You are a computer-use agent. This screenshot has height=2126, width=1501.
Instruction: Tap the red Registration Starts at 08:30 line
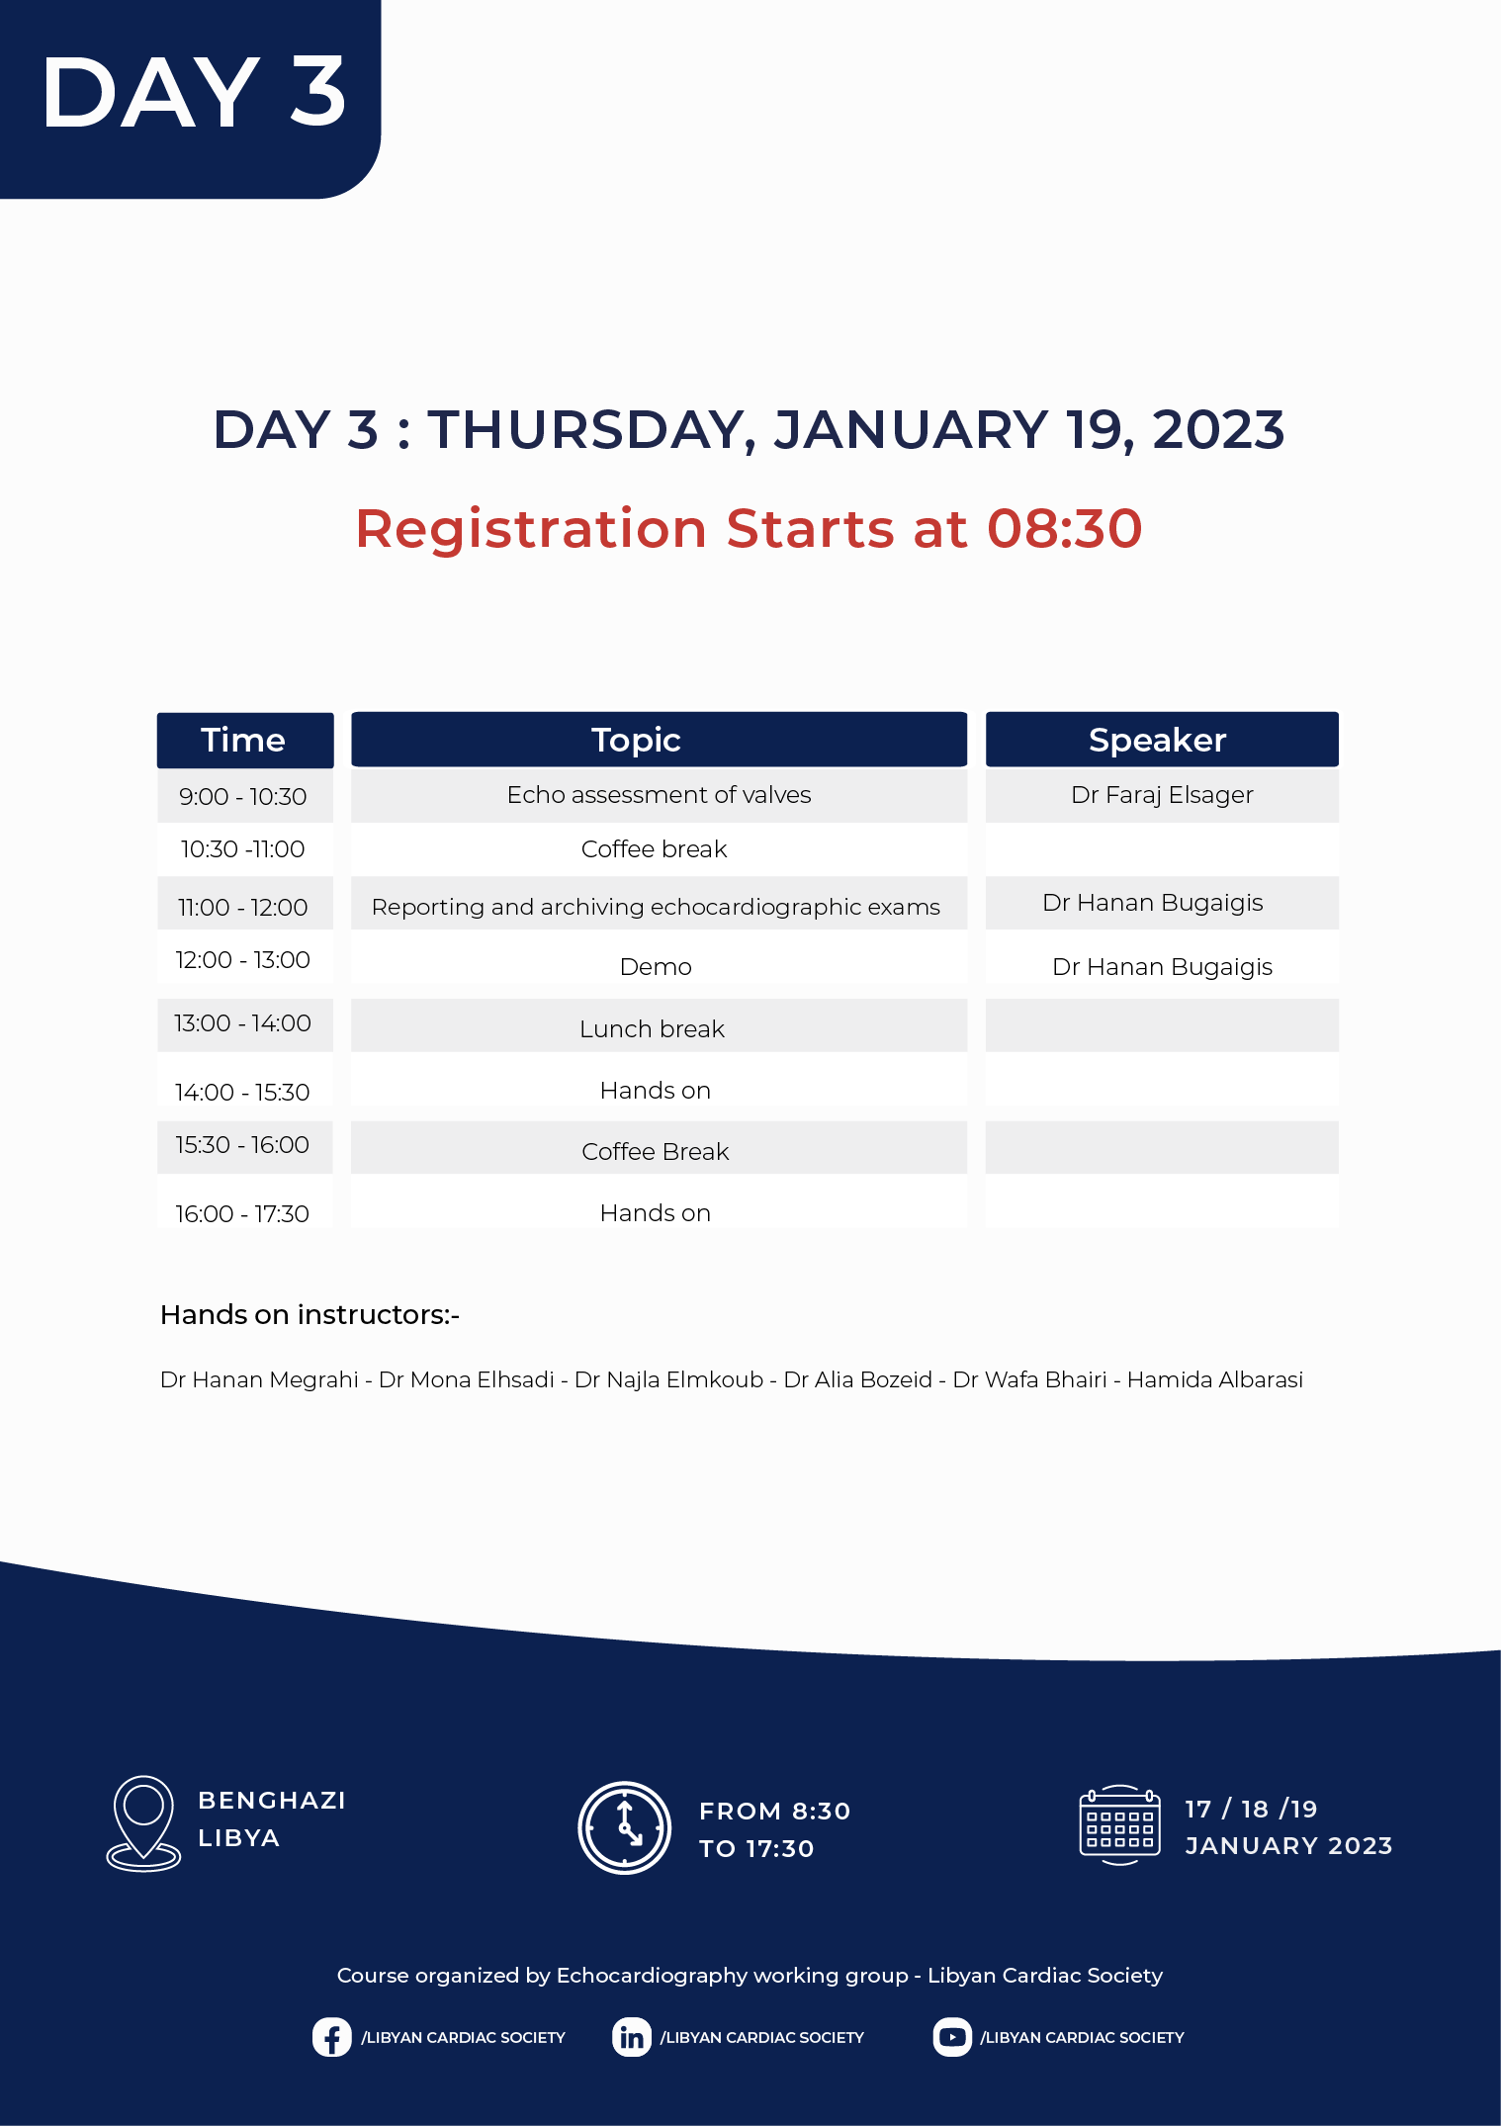click(x=749, y=528)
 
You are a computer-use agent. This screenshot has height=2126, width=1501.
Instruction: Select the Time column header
click(x=245, y=740)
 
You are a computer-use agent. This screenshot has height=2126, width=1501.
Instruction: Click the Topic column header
click(x=659, y=740)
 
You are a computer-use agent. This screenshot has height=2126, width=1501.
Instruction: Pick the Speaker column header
click(x=1162, y=740)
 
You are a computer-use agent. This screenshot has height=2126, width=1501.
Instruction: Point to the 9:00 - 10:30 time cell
click(x=243, y=796)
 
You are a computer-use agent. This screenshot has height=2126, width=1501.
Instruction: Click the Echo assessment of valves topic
click(x=659, y=795)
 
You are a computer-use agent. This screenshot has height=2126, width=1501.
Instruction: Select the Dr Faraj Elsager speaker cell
click(x=1162, y=795)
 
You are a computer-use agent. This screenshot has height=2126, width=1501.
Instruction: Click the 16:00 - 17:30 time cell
click(x=243, y=1213)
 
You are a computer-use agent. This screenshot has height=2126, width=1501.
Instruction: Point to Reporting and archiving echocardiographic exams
click(x=656, y=907)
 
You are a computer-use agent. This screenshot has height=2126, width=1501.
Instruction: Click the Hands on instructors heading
click(x=309, y=1315)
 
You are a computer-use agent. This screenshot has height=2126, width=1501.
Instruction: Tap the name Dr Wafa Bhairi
click(x=1029, y=1379)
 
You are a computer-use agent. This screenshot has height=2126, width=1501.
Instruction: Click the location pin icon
click(x=143, y=1822)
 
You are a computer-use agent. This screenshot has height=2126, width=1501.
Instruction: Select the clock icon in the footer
click(x=625, y=1828)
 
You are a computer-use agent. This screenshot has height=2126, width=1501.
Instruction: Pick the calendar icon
click(x=1120, y=1825)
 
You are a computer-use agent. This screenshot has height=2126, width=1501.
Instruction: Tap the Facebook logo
click(x=331, y=2037)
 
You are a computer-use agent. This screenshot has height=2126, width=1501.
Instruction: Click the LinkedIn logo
click(x=631, y=2037)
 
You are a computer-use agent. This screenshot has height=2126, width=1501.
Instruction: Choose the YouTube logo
click(x=951, y=2037)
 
